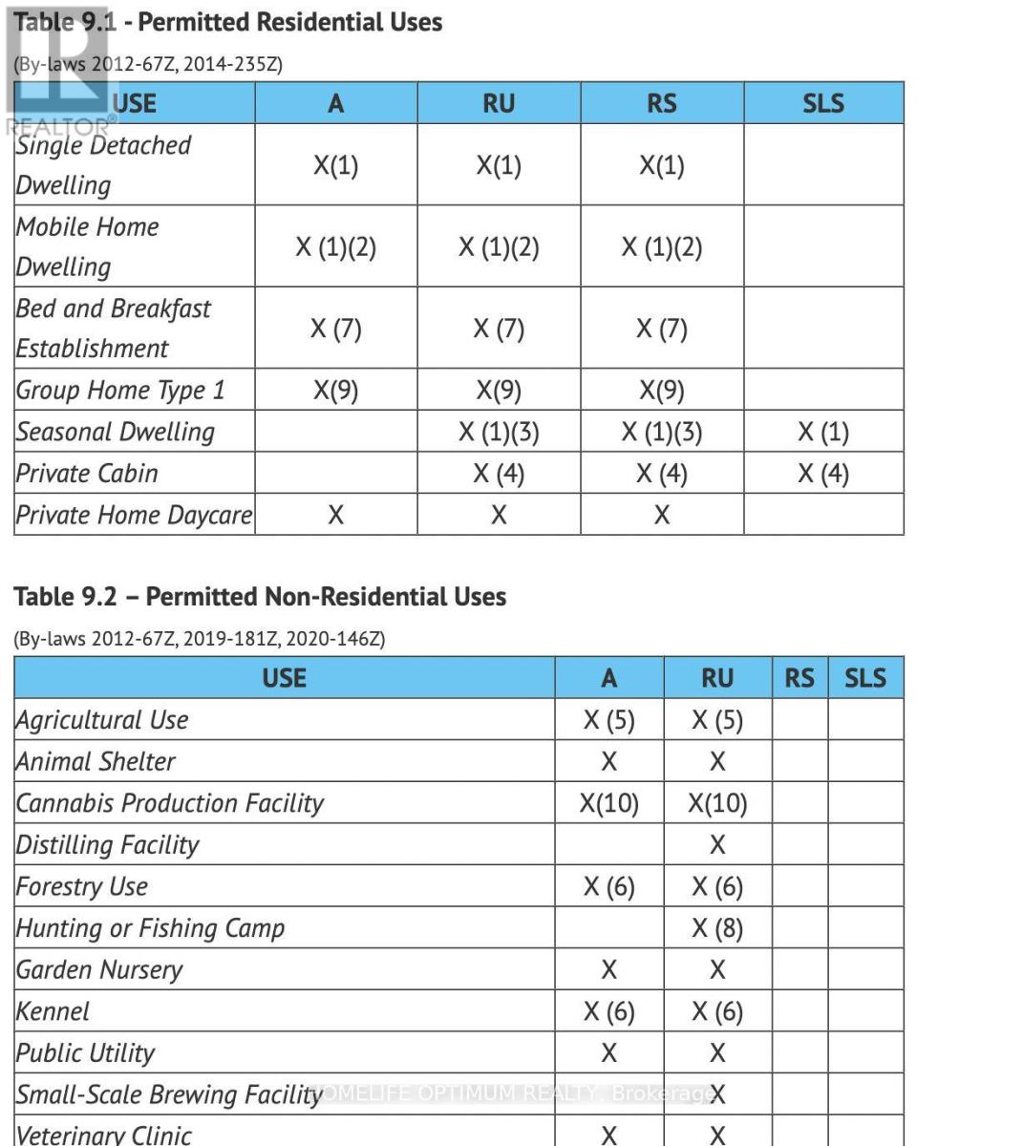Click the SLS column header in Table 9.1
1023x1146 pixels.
[823, 103]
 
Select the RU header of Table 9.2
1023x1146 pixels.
[716, 678]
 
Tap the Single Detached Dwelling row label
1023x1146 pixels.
[103, 164]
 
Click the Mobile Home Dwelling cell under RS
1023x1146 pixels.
[661, 247]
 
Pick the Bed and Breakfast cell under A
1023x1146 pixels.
[335, 329]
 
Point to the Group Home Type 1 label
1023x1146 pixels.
[120, 390]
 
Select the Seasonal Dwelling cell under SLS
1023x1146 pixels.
[823, 432]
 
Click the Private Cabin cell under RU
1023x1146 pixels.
[499, 474]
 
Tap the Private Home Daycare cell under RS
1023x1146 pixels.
[661, 516]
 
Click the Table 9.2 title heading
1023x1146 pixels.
[260, 597]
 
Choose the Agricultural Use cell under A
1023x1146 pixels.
[608, 720]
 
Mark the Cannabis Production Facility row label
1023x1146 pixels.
[170, 803]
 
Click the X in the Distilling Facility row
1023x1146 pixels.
[717, 845]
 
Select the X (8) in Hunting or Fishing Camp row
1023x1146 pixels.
[717, 928]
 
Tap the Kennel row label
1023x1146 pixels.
[53, 1011]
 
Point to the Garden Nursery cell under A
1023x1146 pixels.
[608, 970]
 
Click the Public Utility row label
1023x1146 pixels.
[85, 1053]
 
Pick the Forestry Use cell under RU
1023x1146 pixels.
[717, 887]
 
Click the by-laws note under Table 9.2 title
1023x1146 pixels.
[200, 638]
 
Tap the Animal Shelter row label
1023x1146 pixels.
[96, 762]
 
